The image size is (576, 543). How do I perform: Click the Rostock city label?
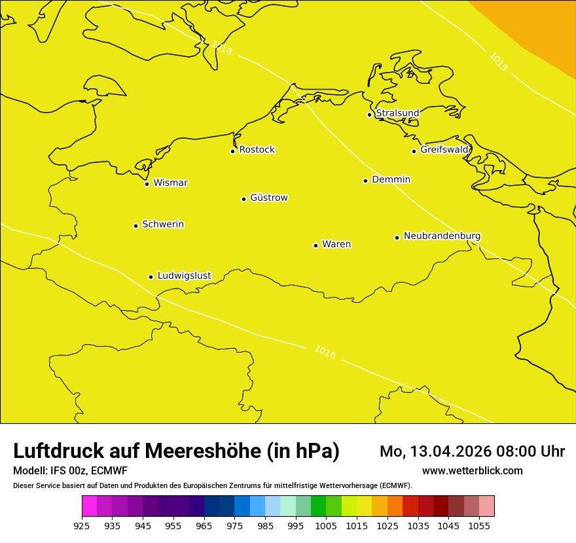click(x=257, y=150)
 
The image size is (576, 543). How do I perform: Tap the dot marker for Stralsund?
click(x=369, y=114)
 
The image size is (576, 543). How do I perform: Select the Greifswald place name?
click(x=444, y=150)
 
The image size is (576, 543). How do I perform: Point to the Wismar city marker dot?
click(x=147, y=184)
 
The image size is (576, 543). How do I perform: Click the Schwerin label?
click(x=163, y=224)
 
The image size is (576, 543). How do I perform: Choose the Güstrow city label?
click(x=268, y=198)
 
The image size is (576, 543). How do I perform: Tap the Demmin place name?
click(x=391, y=179)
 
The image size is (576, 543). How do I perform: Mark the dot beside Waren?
click(x=315, y=245)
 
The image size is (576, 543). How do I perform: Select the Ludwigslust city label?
click(x=184, y=275)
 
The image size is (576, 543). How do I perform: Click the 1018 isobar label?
click(x=221, y=48)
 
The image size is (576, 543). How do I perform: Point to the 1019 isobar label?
click(x=498, y=61)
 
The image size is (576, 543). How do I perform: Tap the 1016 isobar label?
click(x=325, y=352)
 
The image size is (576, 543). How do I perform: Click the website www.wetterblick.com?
click(x=472, y=471)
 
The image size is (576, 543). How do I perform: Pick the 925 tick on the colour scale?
click(x=82, y=525)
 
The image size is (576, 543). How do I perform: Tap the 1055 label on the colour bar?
click(x=479, y=525)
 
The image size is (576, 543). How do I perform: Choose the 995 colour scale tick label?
click(x=295, y=525)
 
